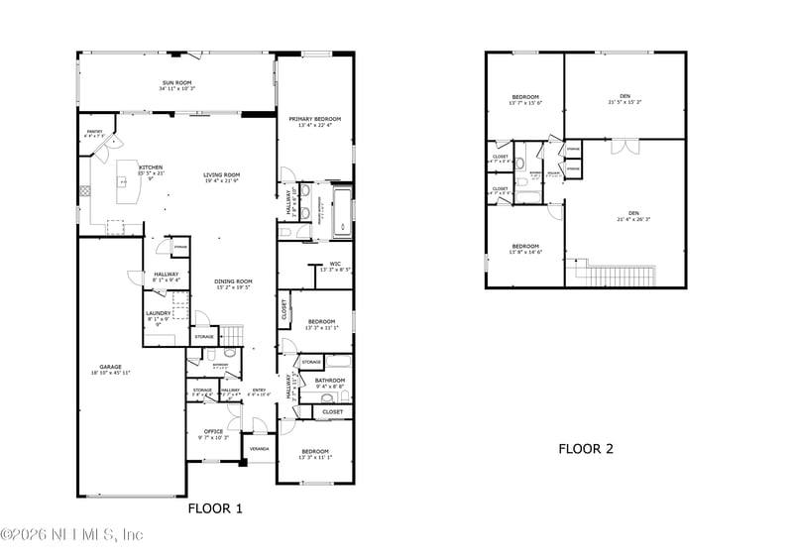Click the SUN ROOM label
pos(176,83)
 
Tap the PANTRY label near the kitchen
pos(94,132)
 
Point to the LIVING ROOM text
pos(222,175)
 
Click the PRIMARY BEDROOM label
pos(314,119)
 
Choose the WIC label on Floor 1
pos(335,264)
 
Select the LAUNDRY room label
pos(159,313)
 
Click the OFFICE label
pos(213,431)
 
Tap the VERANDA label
pos(259,448)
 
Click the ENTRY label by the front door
pos(259,390)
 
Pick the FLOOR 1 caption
pos(215,508)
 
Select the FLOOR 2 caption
pos(585,449)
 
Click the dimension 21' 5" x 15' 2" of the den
pos(624,102)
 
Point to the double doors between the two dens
pos(621,147)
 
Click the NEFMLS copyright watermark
pos(72,535)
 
